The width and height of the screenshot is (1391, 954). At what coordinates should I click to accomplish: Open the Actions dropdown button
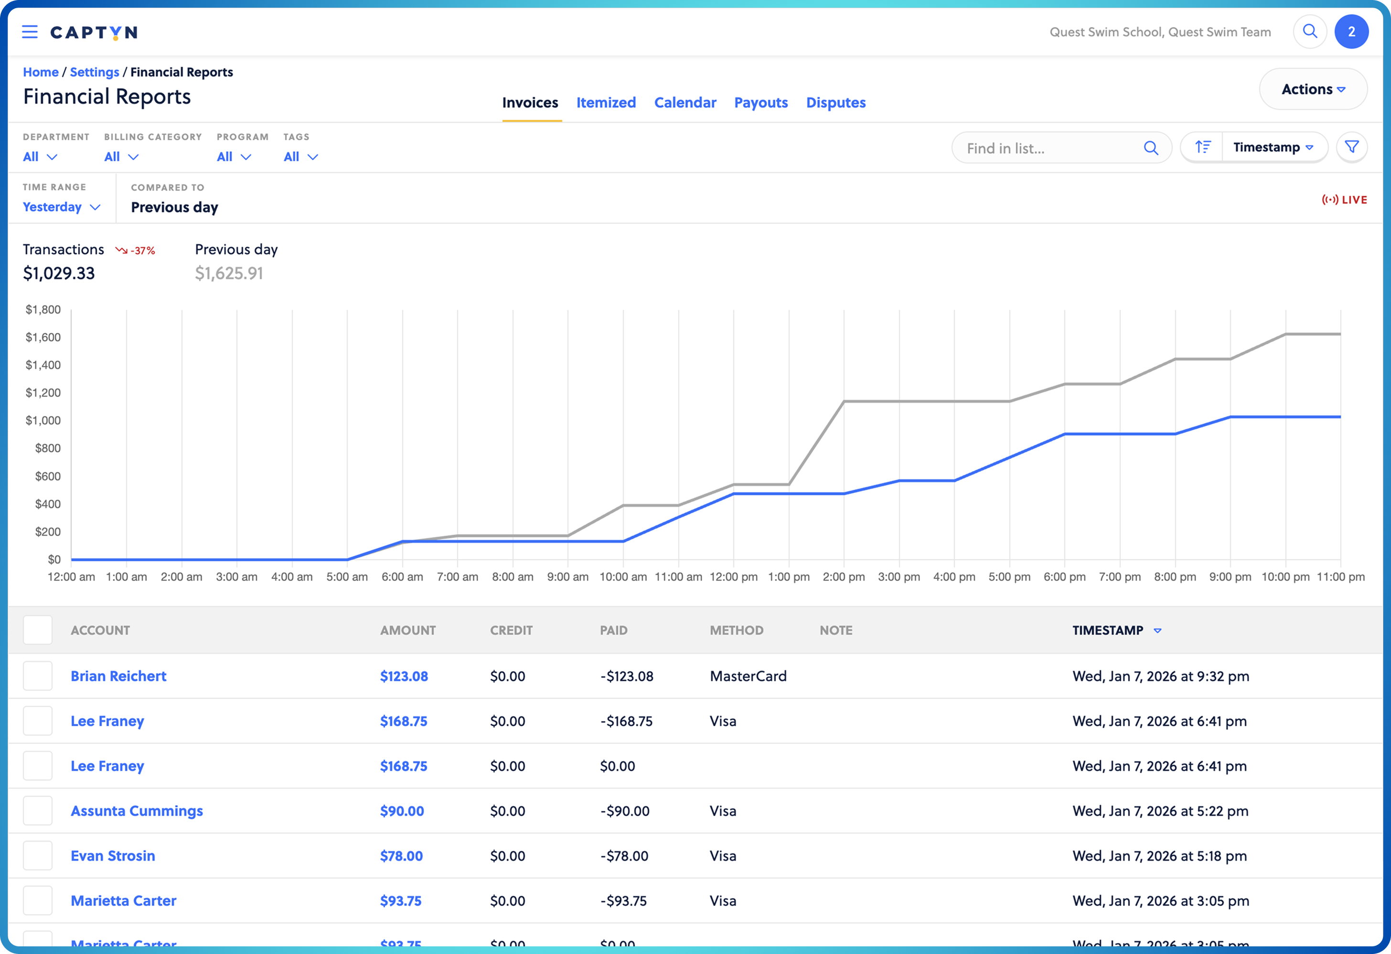tap(1313, 89)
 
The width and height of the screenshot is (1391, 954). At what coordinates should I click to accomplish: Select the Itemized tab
tap(606, 102)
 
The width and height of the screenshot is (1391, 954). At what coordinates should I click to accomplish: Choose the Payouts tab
tap(761, 102)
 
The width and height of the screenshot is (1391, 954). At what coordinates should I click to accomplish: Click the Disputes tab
tap(835, 102)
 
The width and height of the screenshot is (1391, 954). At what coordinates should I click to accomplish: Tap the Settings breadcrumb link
tap(95, 72)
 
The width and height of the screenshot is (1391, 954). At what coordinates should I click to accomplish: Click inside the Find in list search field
tap(1048, 148)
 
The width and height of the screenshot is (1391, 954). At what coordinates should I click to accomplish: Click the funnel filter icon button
tap(1351, 147)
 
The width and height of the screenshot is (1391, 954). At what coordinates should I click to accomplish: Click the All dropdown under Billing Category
tap(121, 157)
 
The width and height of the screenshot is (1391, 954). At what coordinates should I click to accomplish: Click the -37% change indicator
tap(136, 250)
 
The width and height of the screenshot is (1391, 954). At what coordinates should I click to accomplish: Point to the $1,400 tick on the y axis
tap(43, 365)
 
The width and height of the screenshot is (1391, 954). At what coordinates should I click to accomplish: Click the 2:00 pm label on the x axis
tap(843, 577)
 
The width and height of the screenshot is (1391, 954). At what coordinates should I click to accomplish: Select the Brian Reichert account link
tap(118, 676)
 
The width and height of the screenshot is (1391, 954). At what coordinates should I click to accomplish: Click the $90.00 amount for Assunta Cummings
tap(402, 811)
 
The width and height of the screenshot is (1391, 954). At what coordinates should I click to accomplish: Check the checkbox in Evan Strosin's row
tap(38, 856)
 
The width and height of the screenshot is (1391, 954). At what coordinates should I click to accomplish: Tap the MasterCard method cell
tap(748, 676)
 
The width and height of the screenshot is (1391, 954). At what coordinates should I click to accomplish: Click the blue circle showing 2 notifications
tap(1351, 32)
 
